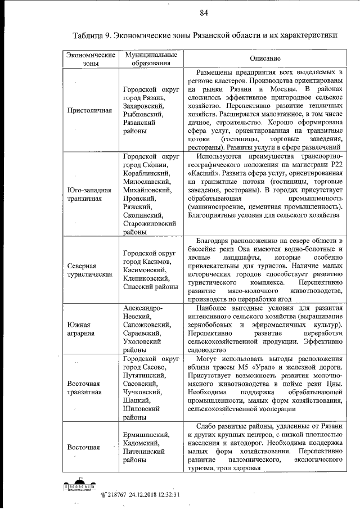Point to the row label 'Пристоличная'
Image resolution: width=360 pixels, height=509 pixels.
(x=89, y=110)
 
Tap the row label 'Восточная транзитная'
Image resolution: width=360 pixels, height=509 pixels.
(x=84, y=388)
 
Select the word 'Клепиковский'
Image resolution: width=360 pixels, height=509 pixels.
(x=146, y=278)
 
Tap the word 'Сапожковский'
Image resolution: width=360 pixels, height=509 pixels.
(x=147, y=325)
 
